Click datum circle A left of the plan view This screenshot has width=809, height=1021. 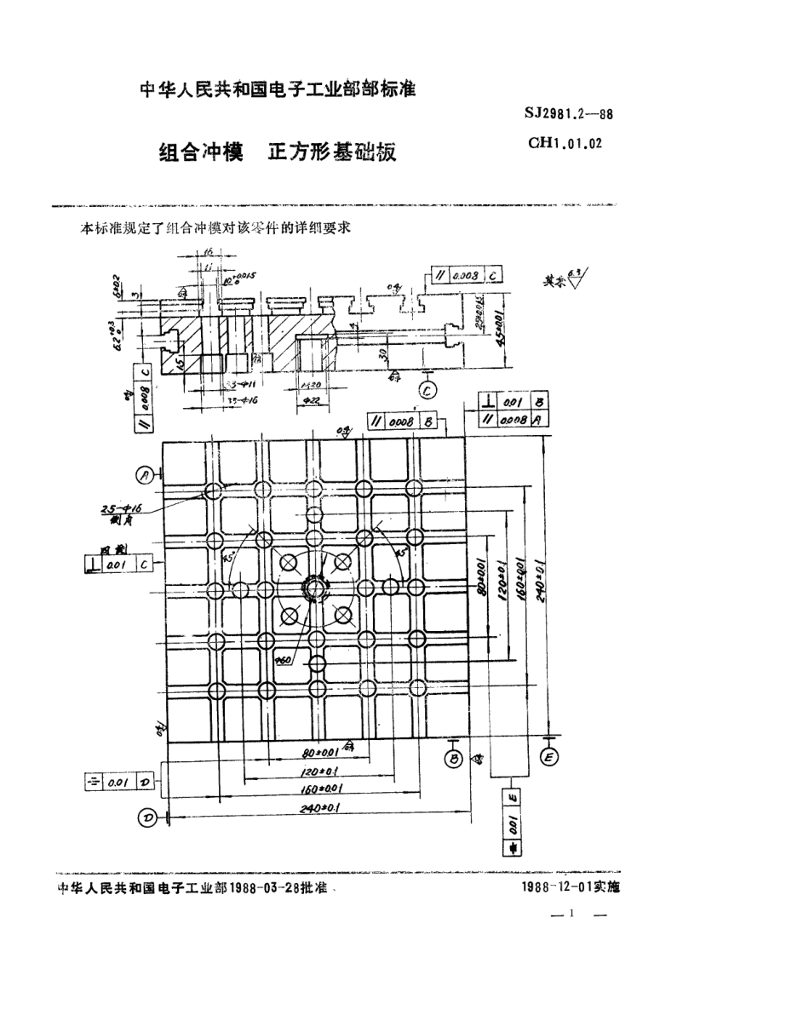tap(146, 474)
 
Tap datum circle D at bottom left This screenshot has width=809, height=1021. tap(147, 818)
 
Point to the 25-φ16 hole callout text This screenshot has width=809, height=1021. tap(120, 509)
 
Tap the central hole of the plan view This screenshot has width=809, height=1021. tap(316, 588)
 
